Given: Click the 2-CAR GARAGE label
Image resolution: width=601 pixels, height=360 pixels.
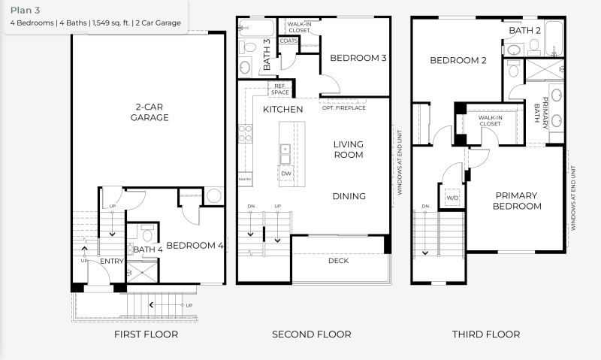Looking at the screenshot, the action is tap(149, 112).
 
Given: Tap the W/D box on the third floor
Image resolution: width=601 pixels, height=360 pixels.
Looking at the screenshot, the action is tap(452, 198).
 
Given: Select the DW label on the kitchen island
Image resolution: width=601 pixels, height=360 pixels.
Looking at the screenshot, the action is tap(286, 174).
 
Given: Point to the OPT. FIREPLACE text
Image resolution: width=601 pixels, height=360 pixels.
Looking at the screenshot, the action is tap(344, 107).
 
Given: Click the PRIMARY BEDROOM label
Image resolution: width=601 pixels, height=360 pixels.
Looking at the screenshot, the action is tap(517, 201).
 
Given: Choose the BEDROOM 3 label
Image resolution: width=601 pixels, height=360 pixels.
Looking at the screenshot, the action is tap(358, 58).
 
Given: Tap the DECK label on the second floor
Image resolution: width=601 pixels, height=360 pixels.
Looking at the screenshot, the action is tap(339, 261).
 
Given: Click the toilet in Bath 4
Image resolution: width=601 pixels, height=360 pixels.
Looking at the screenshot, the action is tap(147, 234).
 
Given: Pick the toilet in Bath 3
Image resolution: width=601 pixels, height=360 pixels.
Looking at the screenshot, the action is tap(248, 47).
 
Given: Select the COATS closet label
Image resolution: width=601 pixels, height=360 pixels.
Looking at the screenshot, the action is tap(288, 41).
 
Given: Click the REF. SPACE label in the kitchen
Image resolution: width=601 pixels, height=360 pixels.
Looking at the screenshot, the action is tap(280, 89).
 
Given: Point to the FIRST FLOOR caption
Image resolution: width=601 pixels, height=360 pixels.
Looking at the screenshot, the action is tap(146, 334).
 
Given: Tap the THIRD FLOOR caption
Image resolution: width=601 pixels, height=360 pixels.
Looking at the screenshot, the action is tap(486, 334).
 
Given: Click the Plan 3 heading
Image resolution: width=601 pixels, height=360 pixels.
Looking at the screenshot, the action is tap(25, 11).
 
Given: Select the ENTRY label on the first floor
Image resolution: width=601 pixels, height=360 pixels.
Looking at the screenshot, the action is tap(111, 261).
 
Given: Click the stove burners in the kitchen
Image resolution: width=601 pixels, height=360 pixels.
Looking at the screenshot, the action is tap(246, 134).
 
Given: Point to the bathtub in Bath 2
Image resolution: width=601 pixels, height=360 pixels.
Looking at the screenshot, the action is tap(554, 39).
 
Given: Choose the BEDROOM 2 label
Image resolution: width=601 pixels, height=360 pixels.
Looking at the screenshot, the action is tap(458, 60).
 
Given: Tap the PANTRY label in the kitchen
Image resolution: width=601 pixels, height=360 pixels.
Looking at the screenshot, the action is tap(245, 179).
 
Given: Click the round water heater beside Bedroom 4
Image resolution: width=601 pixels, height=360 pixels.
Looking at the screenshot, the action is tap(213, 195).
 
